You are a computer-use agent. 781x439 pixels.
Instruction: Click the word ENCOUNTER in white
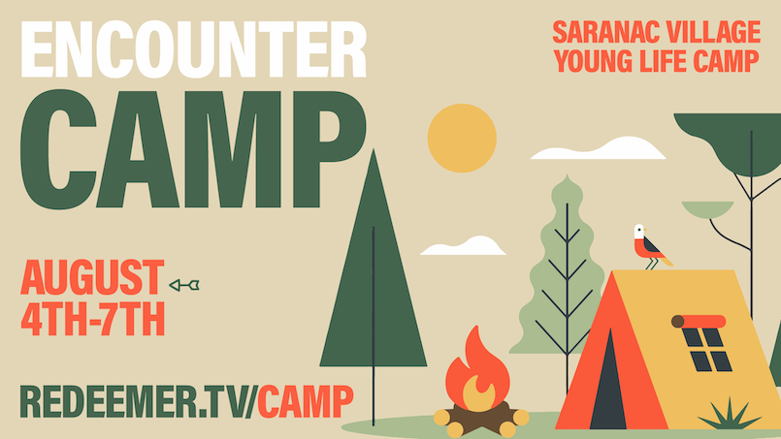click(194, 48)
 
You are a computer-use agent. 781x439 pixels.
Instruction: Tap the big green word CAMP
click(193, 148)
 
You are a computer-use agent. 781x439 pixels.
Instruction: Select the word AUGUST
click(92, 277)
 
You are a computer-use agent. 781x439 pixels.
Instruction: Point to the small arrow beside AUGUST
click(184, 285)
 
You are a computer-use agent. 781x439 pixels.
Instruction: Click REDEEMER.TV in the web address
click(137, 401)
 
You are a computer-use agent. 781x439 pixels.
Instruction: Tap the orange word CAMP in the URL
click(306, 401)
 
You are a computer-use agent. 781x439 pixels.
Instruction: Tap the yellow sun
click(462, 138)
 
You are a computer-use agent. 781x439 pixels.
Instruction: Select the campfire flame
click(477, 371)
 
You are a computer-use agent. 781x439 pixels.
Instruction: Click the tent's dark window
click(707, 350)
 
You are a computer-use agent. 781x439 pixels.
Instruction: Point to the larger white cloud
click(599, 148)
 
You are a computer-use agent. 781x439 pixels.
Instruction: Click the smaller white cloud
click(463, 246)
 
